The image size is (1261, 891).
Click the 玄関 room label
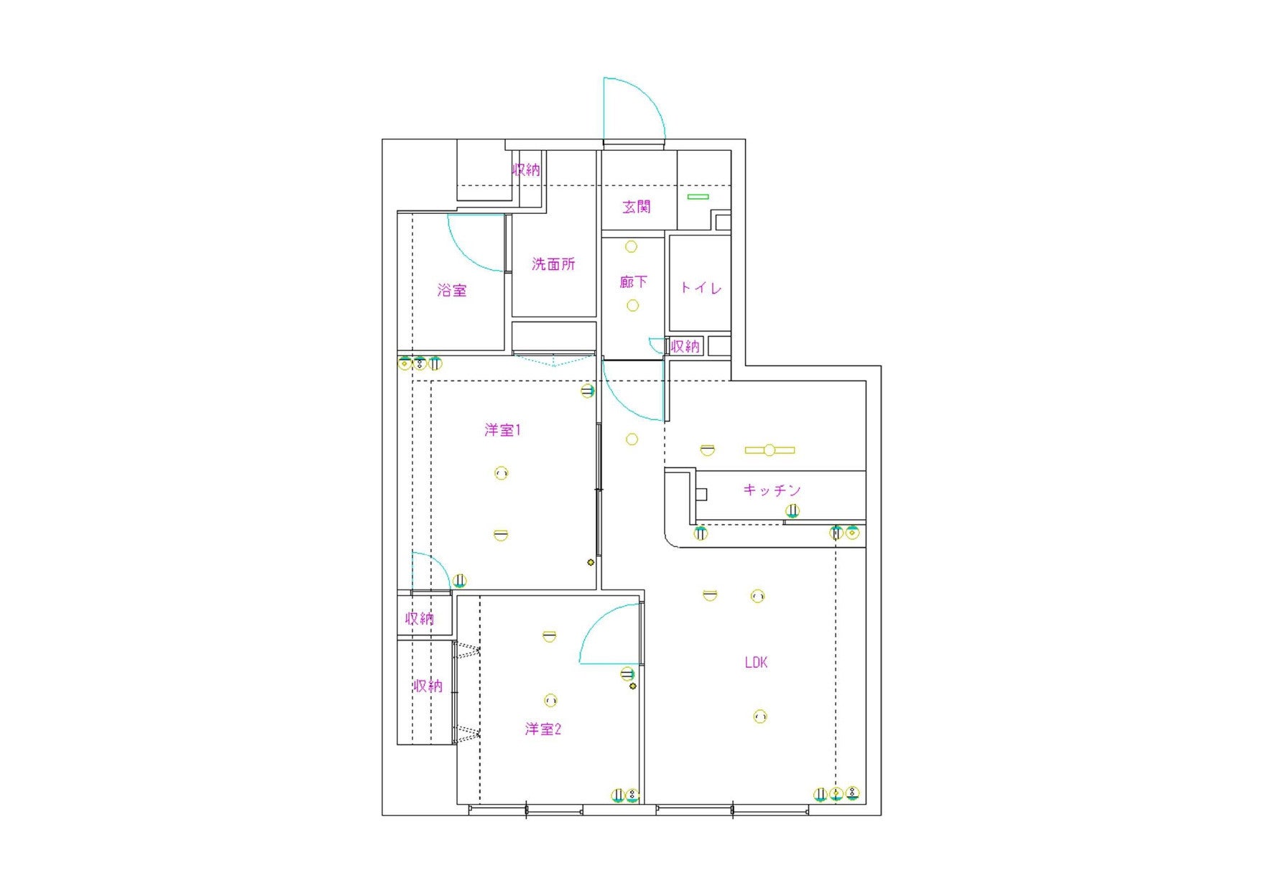[636, 207]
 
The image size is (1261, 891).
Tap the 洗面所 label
[553, 264]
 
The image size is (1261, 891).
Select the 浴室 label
[452, 291]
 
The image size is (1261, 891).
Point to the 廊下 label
[633, 282]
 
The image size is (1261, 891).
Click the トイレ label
[701, 288]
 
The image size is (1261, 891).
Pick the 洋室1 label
[502, 430]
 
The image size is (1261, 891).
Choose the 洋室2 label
[542, 729]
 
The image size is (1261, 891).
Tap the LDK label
[756, 663]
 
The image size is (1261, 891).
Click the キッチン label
[772, 490]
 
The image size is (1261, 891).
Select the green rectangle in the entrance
[698, 197]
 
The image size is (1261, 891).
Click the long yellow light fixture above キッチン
[770, 450]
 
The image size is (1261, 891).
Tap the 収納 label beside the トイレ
[685, 346]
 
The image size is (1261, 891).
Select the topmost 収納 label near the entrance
[526, 170]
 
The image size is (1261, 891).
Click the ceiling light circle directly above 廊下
[631, 247]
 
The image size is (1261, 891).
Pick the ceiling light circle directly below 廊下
[632, 306]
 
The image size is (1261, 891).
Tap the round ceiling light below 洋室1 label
[502, 473]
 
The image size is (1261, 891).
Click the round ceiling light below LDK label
[759, 717]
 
